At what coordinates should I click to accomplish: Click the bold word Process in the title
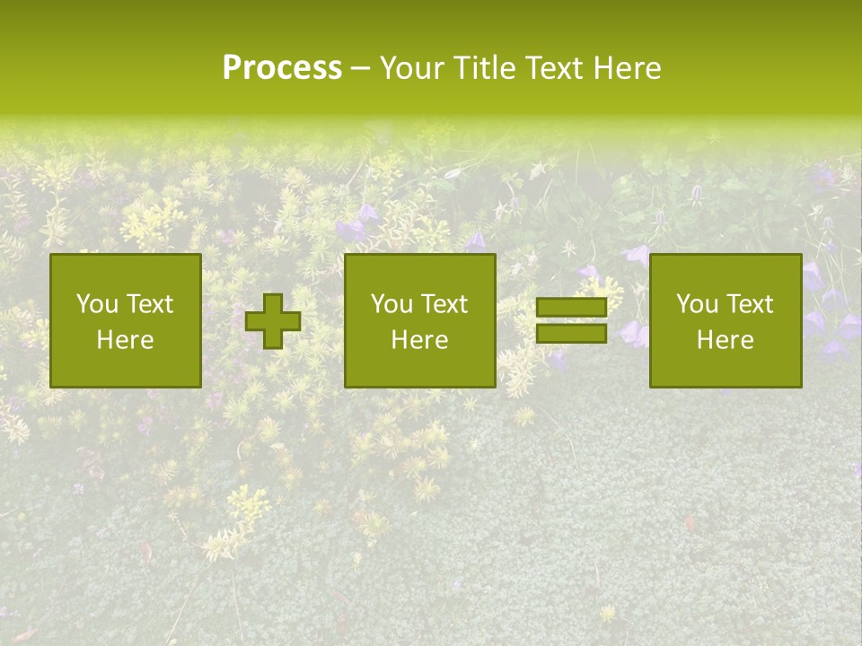[x=282, y=68]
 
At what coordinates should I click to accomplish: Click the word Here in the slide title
[x=628, y=68]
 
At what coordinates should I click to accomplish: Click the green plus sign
[x=273, y=321]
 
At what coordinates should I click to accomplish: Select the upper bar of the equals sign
[x=571, y=308]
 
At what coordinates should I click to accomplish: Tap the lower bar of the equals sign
[x=571, y=334]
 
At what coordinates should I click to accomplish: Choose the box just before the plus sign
[x=126, y=320]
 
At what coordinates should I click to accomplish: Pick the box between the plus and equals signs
[x=419, y=320]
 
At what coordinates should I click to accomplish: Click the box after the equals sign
[x=726, y=320]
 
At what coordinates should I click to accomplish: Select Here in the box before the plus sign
[x=126, y=340]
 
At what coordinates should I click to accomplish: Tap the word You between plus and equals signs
[x=391, y=304]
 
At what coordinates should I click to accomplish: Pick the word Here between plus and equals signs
[x=419, y=340]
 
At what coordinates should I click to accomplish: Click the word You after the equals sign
[x=697, y=304]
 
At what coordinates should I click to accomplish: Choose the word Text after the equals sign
[x=748, y=304]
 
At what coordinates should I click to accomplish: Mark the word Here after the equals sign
[x=726, y=340]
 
